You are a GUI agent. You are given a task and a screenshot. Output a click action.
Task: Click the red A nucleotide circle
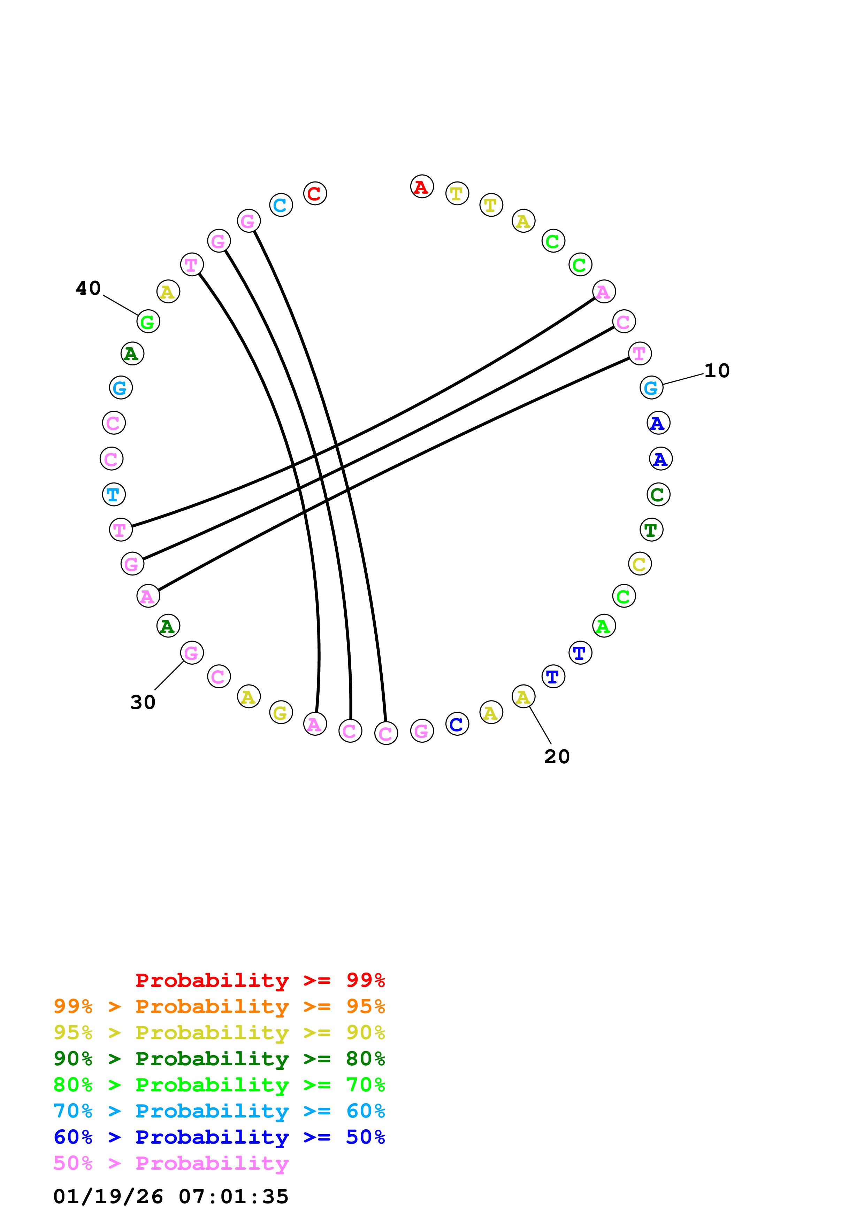(x=422, y=186)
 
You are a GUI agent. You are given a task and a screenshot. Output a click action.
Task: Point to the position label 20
(x=557, y=756)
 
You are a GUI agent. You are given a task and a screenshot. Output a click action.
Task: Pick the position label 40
(x=89, y=288)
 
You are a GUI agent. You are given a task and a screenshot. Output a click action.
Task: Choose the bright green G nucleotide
(x=148, y=322)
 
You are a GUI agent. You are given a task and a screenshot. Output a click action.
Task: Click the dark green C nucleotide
(x=658, y=494)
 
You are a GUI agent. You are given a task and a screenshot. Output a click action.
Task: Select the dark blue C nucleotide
(x=457, y=724)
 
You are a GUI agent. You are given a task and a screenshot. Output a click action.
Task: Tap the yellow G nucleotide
(x=281, y=713)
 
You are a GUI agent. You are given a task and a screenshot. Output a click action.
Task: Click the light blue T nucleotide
(x=113, y=494)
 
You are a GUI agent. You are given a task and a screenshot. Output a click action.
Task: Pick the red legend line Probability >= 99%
(x=260, y=980)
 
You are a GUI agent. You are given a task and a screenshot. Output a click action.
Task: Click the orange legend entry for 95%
(x=219, y=1006)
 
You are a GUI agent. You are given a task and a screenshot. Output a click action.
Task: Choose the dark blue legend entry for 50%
(x=219, y=1137)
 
